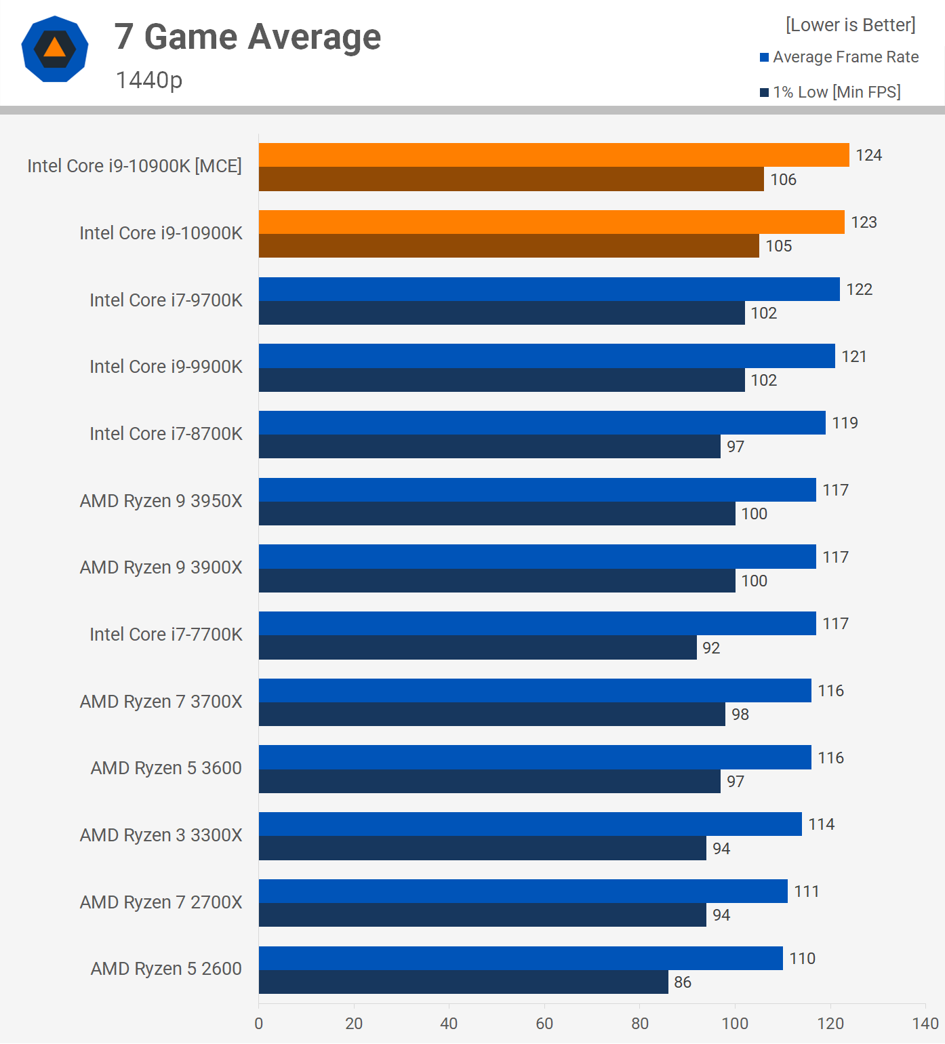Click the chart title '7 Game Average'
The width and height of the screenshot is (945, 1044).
click(247, 37)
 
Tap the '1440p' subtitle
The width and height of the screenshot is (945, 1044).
click(149, 80)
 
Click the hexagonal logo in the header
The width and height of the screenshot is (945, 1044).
click(55, 49)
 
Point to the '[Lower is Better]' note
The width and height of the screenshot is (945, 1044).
click(850, 25)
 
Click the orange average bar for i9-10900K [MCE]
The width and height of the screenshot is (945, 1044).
click(553, 155)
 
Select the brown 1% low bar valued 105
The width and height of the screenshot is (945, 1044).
click(508, 246)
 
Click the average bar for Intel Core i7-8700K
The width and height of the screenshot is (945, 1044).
click(542, 423)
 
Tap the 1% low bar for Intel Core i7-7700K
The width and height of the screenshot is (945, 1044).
click(477, 647)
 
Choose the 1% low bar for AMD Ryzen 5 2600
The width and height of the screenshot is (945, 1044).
click(463, 982)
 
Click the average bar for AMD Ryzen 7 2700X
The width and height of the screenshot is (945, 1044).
click(523, 891)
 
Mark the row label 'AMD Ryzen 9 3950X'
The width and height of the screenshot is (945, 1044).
click(161, 501)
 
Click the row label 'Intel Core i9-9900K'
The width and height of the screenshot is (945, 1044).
click(165, 367)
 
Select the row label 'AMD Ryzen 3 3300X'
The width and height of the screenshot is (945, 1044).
click(161, 835)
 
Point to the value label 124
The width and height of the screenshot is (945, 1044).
click(868, 155)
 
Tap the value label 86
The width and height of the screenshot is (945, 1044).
click(683, 982)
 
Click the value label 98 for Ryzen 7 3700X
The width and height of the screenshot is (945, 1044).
click(740, 715)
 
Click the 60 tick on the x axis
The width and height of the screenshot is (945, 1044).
click(544, 1024)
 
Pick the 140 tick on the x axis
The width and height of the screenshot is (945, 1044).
click(925, 1024)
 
